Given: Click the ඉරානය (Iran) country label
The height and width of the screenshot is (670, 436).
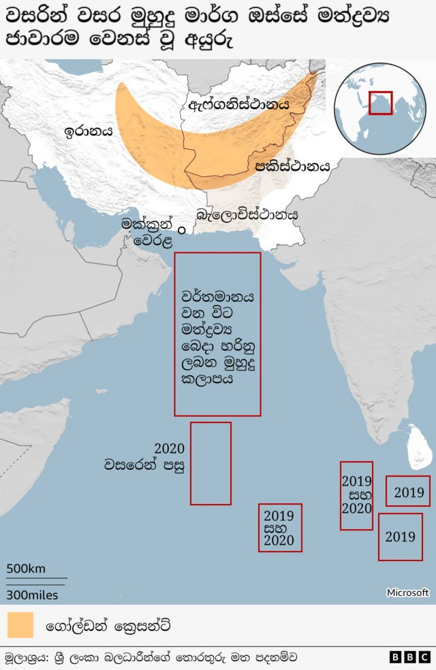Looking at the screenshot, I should tap(89, 131).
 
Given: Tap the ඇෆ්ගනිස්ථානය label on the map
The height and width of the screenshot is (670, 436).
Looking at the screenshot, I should tap(239, 105).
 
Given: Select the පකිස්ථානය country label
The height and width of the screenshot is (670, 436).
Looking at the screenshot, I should tap(292, 165).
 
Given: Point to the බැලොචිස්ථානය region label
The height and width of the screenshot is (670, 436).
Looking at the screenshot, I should tap(247, 214).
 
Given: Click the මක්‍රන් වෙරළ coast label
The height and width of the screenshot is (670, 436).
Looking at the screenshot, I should tap(147, 231).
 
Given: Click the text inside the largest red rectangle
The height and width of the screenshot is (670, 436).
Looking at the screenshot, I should tap(218, 338).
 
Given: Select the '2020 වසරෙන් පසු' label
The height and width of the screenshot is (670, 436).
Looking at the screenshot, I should tap(144, 457).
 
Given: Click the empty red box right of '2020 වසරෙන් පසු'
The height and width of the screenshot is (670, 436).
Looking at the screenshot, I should tap(211, 463).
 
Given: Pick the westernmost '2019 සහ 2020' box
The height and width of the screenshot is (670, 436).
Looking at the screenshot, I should tap(279, 527).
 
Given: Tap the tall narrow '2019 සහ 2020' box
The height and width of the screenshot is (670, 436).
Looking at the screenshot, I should tap(356, 495).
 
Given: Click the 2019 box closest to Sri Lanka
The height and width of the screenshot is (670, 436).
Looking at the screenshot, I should tap(408, 491).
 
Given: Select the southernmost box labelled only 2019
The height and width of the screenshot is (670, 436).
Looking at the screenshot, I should tap(400, 537).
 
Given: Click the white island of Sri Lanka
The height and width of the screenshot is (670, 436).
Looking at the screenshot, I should tap(416, 448).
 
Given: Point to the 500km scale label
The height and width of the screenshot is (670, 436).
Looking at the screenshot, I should tap(27, 569).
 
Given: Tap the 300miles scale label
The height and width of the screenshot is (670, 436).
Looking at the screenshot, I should tap(32, 594).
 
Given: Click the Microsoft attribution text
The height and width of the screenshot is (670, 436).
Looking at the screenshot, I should tap(407, 592).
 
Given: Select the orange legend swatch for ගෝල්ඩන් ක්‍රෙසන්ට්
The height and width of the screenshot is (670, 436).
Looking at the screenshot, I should tap(20, 624).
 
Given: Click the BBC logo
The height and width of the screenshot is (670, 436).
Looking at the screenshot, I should tap(409, 657).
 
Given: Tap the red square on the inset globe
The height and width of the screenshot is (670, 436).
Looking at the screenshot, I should tap(380, 103).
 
